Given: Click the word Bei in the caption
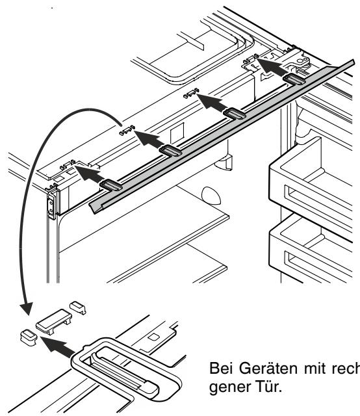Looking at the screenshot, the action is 222,369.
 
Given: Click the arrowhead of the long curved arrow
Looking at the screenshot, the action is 27,308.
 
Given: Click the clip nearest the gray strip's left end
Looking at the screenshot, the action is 111,185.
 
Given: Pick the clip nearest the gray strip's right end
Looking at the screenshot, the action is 294,79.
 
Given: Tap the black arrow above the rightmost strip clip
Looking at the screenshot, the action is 272,68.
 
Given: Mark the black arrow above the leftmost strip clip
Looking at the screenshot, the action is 90,174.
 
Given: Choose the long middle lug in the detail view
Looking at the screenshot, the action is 54,321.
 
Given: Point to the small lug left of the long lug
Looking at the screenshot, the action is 29,337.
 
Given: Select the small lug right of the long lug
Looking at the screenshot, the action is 78,307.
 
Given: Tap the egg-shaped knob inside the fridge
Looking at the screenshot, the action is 211,196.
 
